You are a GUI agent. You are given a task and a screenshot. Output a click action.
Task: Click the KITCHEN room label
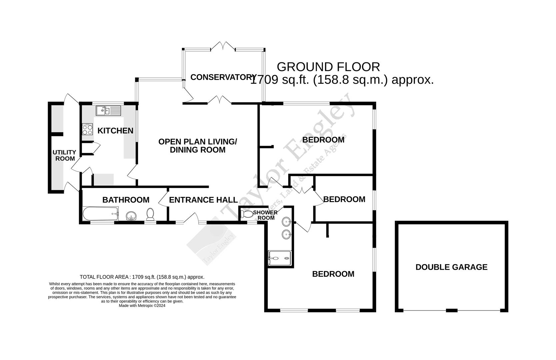(115, 131)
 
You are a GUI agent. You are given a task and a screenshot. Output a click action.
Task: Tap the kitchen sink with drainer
(109, 110)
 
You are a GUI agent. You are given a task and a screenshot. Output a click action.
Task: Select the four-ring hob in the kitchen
(87, 129)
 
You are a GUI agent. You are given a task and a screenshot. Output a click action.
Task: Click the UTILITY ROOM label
(65, 155)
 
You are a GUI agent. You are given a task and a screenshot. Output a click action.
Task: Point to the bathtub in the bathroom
(100, 213)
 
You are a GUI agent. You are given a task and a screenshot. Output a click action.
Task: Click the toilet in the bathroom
(150, 214)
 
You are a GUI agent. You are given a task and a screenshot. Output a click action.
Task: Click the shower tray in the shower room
(279, 258)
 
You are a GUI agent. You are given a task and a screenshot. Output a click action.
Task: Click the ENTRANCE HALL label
(203, 200)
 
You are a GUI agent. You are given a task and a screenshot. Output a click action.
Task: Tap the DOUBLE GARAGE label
(451, 267)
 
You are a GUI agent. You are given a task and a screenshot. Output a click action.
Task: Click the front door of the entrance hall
(190, 218)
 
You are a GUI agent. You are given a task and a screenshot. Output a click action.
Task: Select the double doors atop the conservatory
(223, 46)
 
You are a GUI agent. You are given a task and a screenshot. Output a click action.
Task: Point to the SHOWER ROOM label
(265, 215)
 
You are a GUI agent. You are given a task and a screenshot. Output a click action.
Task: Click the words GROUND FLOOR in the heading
(328, 67)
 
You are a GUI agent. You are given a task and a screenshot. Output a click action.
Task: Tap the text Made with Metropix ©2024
(142, 305)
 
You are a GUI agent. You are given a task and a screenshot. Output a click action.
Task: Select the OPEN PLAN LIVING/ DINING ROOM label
(198, 146)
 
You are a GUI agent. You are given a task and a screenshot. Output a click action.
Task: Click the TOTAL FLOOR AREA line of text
(142, 277)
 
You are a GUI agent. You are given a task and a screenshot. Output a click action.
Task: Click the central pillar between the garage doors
(451, 311)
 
